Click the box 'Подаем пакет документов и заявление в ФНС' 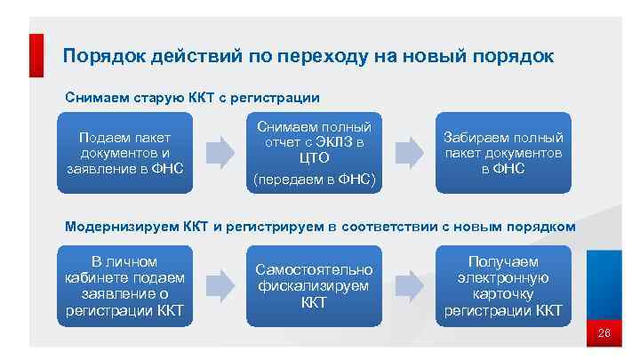pos(124,152)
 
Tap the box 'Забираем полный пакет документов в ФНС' pos(503,152)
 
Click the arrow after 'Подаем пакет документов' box pos(219,152)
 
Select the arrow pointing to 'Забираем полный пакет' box pos(409,152)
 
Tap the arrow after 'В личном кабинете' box pos(219,286)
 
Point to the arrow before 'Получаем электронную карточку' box pos(409,286)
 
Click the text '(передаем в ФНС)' pos(316,179)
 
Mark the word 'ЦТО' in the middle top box pos(316,158)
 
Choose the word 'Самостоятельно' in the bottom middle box pos(314,269)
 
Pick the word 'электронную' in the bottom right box pos(503,277)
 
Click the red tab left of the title pos(36,55)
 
